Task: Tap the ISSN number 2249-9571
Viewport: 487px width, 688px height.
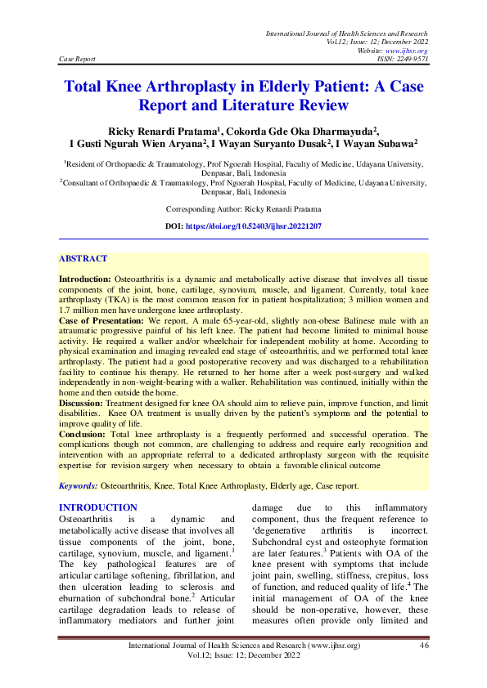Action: tap(411, 60)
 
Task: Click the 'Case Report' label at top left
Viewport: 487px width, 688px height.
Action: tap(78, 60)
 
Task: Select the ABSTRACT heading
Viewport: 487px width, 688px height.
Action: tap(83, 259)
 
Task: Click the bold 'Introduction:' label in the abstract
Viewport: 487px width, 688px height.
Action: tap(84, 279)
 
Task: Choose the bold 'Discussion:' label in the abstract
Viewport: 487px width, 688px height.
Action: tap(80, 404)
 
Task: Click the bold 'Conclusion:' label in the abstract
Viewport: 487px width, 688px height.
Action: tap(81, 435)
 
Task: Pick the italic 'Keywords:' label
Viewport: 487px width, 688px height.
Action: tap(78, 485)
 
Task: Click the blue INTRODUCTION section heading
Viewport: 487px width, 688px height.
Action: tap(98, 508)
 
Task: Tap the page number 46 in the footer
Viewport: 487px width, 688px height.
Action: tap(424, 646)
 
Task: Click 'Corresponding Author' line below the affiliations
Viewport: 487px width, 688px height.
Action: tap(244, 209)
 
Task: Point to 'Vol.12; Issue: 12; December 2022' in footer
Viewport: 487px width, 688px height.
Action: tap(243, 656)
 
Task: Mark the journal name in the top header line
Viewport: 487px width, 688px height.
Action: tap(346, 33)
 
